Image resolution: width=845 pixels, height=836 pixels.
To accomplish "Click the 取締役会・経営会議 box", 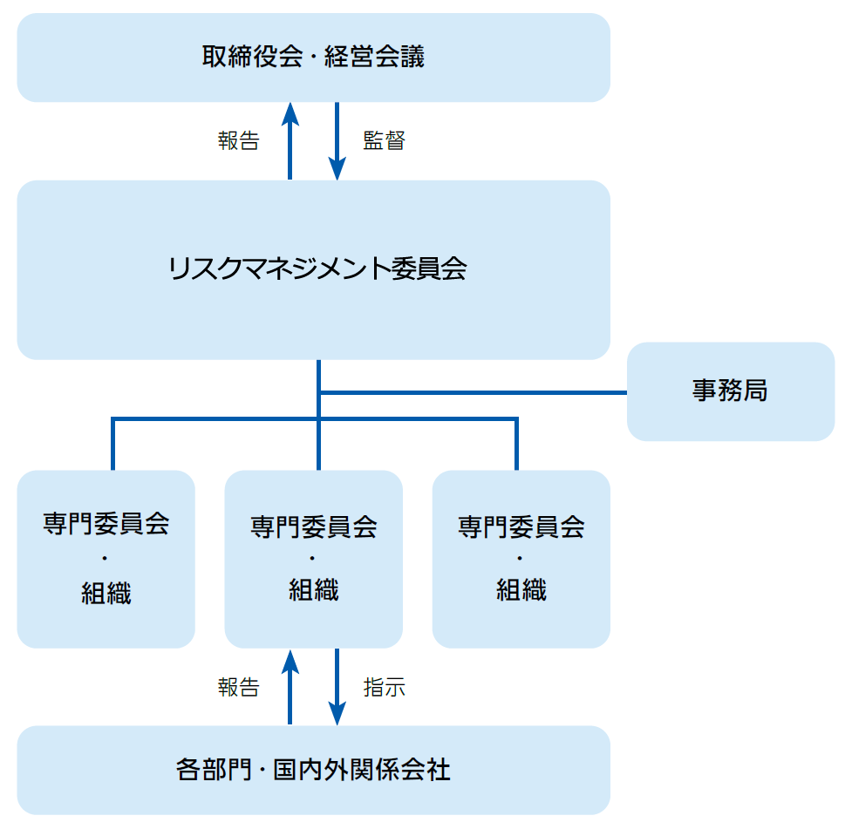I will [313, 58].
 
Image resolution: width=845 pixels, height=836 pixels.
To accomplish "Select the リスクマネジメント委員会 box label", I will [317, 268].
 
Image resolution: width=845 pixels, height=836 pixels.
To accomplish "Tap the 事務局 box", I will [730, 391].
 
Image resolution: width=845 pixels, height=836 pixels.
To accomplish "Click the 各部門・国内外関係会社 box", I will [313, 771].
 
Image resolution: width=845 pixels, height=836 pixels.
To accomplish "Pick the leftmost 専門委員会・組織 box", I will [106, 559].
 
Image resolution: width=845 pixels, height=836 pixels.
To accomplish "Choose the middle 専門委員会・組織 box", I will [313, 559].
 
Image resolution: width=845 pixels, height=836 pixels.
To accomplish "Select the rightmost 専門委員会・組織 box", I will [521, 559].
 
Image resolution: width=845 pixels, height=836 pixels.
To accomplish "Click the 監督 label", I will [384, 141].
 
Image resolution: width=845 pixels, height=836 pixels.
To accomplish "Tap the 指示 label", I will [384, 687].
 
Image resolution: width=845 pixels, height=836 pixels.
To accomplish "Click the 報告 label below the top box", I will [238, 141].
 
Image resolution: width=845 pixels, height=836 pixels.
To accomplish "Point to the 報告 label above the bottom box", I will [238, 687].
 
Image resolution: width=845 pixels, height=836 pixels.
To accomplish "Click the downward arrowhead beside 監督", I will [337, 170].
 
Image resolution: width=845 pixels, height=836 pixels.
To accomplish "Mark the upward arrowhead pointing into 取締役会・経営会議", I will [290, 112].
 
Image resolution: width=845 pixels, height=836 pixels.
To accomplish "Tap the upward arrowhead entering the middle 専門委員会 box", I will [290, 659].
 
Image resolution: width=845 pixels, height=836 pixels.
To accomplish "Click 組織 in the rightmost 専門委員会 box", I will [521, 590].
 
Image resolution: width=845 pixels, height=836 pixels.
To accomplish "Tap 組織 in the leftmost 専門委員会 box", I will [106, 593].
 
